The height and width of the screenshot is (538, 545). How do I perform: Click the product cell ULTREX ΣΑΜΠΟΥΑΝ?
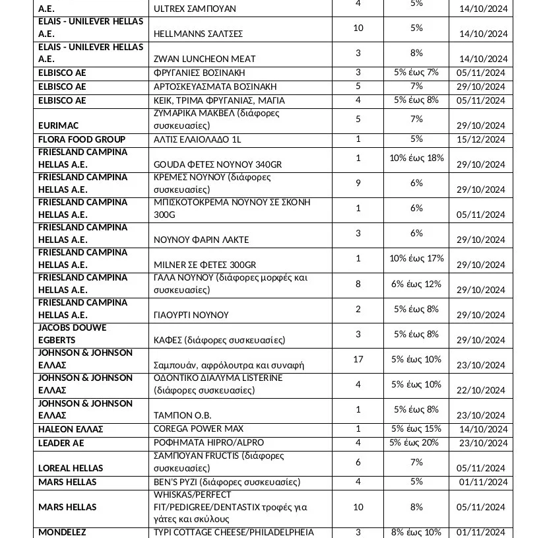[x=195, y=9]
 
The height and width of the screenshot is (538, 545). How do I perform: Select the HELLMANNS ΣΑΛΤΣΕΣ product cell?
[x=199, y=34]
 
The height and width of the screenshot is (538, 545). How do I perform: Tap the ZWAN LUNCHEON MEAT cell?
[x=205, y=59]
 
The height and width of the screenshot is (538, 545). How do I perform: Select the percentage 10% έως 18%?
[x=416, y=158]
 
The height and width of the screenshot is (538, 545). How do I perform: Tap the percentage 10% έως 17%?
[x=416, y=258]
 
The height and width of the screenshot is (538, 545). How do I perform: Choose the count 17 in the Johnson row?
[x=358, y=359]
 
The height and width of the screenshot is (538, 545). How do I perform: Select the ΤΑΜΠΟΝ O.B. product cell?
[x=182, y=415]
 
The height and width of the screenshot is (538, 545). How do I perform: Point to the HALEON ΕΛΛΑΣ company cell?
[x=71, y=429]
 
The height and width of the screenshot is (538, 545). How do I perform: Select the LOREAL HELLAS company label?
[x=71, y=468]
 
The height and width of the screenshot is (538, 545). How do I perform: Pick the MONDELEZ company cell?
[x=62, y=532]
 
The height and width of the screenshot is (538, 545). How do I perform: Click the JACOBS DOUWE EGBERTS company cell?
[x=73, y=334]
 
